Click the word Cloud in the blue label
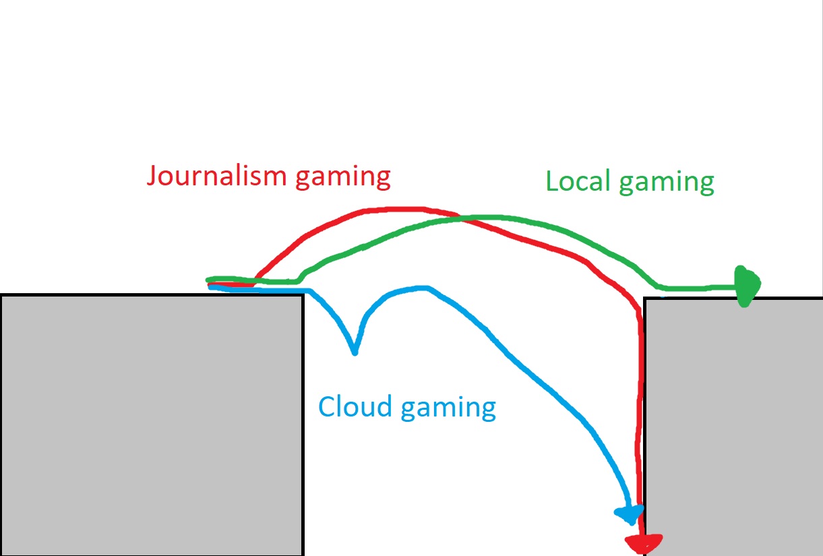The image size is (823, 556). pos(355,406)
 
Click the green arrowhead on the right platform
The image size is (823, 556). pos(747,286)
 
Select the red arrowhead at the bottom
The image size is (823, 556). pos(644,542)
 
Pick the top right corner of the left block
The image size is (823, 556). pos(303,295)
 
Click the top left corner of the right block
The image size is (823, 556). pos(646,299)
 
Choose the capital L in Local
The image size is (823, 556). pos(551,181)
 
